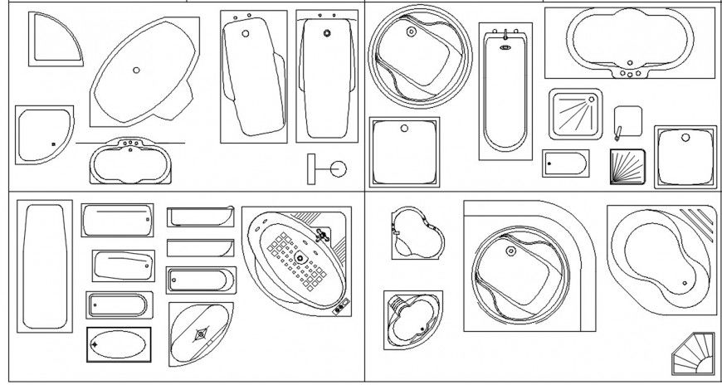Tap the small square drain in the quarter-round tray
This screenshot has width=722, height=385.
54,144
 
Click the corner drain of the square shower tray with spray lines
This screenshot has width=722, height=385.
592,99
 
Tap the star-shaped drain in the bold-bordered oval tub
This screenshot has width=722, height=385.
95,344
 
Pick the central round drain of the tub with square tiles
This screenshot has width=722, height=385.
300,258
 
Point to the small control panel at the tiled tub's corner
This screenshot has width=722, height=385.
340,310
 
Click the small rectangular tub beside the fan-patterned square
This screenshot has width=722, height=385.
565,163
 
